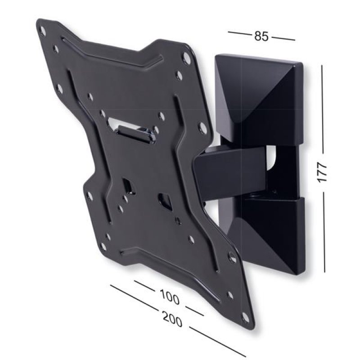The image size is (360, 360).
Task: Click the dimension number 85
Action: (x=261, y=36)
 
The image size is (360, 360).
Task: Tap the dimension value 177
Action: (x=322, y=171)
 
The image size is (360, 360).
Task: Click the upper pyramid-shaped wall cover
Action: (x=259, y=97)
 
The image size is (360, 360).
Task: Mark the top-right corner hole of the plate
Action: (x=186, y=58)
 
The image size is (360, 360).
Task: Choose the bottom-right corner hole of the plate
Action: (x=246, y=316)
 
